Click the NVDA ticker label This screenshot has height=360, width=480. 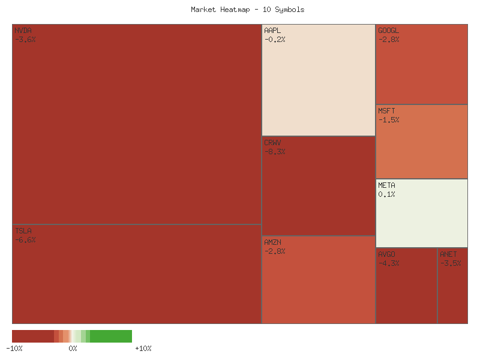[23, 31]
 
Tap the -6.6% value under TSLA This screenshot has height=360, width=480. [25, 240]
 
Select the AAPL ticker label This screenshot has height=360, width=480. [272, 31]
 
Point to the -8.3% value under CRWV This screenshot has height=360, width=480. [275, 152]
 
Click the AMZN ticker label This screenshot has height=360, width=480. [272, 242]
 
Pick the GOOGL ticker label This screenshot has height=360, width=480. [388, 31]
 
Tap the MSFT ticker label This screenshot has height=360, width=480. [386, 111]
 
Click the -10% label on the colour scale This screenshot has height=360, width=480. [14, 348]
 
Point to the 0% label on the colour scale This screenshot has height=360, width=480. [73, 348]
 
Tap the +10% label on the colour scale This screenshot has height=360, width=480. [143, 348]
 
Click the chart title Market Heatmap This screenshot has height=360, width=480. [248, 10]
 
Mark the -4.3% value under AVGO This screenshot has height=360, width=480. [389, 263]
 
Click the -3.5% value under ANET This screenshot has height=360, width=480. [451, 263]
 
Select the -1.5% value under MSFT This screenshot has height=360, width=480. [389, 120]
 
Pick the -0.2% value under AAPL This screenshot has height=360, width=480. [275, 40]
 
